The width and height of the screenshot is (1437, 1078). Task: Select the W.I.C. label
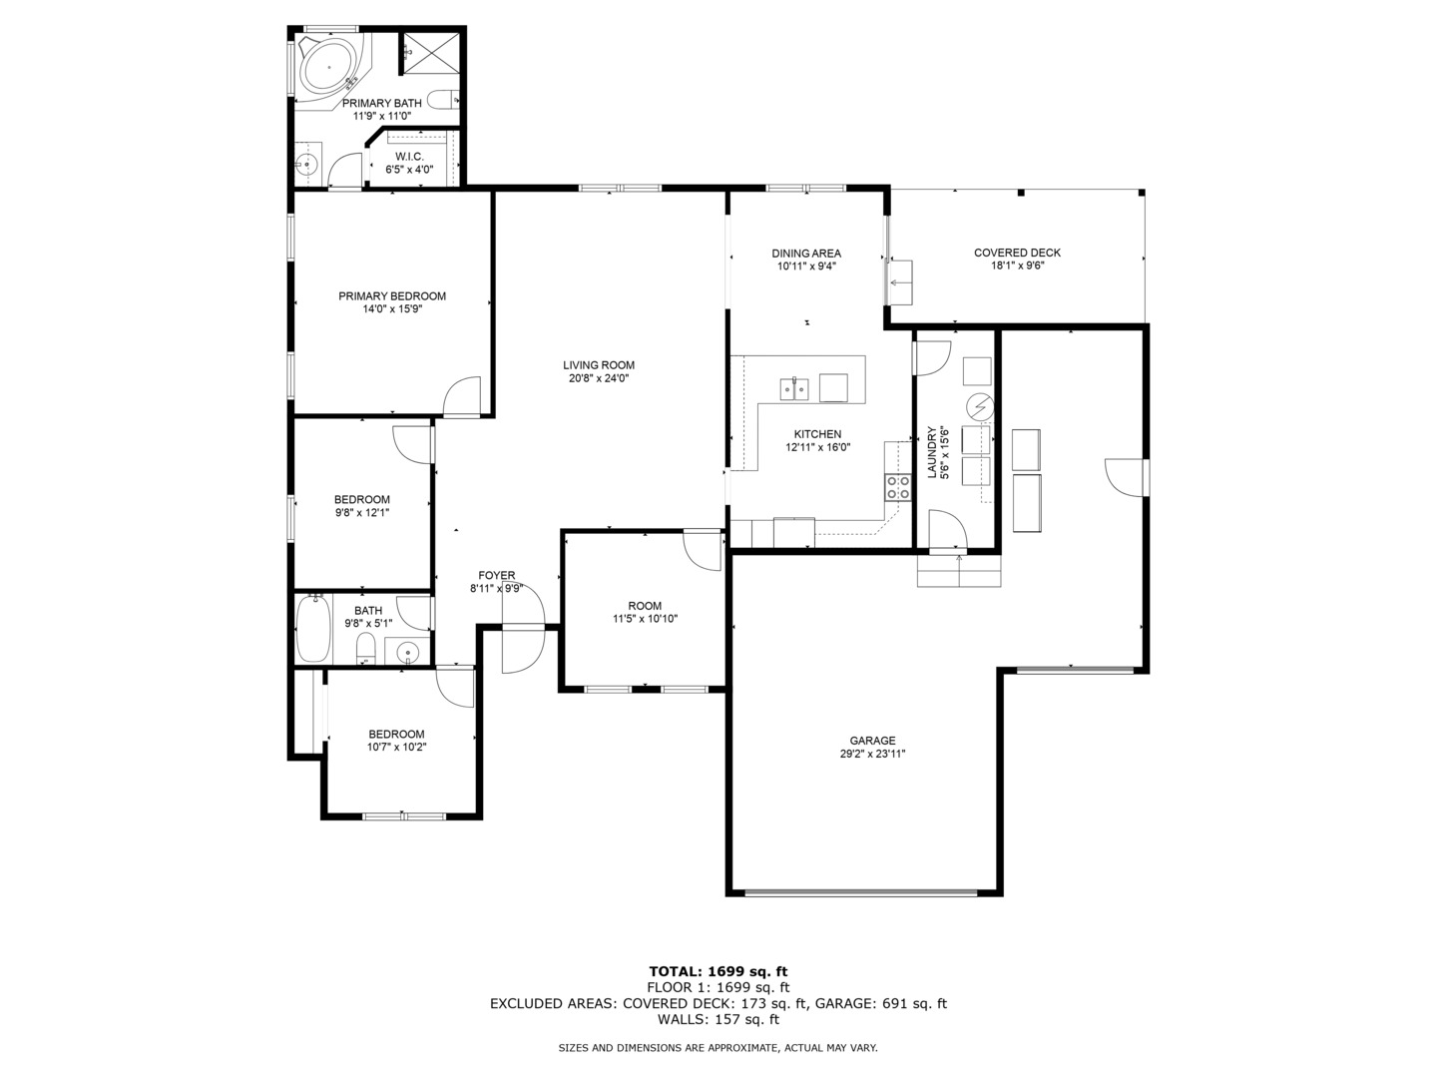[409, 157]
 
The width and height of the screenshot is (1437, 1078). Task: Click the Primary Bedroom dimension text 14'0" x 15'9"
[392, 309]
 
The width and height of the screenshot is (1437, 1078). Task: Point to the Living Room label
[599, 365]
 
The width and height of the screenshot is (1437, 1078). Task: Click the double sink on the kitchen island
[794, 389]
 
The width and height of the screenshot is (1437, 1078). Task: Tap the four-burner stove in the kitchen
[898, 488]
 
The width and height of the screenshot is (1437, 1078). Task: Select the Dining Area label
[806, 254]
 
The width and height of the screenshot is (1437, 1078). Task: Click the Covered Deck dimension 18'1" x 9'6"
[1017, 266]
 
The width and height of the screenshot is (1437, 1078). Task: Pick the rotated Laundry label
[932, 453]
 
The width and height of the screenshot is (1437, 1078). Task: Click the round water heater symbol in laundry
[980, 408]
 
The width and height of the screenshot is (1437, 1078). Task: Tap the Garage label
[872, 741]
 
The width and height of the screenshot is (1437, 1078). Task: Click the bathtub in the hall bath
[313, 629]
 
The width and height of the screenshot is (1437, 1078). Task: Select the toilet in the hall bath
[365, 648]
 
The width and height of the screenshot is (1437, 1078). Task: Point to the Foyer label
[496, 575]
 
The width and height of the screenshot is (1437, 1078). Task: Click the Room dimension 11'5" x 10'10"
[645, 619]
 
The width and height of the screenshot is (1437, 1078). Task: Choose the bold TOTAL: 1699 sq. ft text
[718, 971]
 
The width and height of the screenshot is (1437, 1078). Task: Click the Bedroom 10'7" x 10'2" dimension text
[397, 747]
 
